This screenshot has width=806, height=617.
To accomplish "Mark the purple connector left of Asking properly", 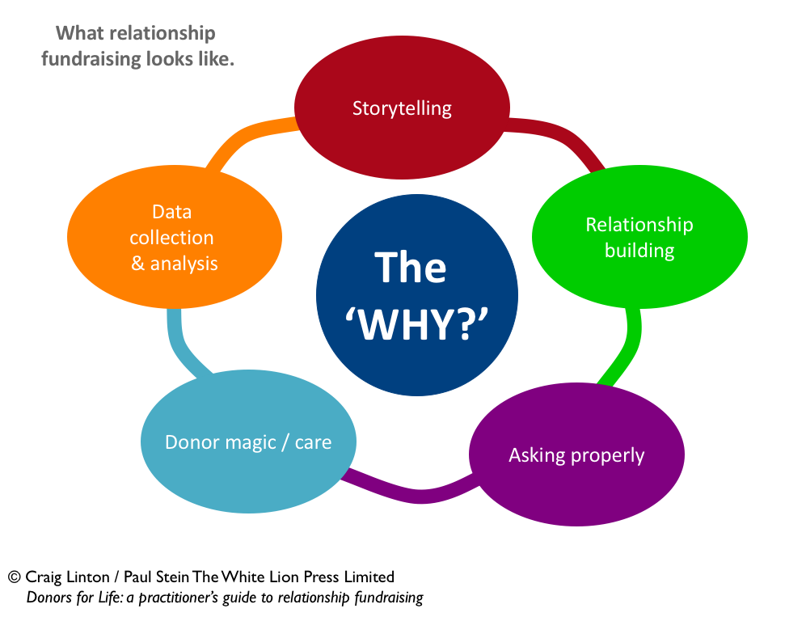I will coord(412,492).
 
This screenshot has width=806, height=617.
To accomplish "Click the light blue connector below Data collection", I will coord(183,340).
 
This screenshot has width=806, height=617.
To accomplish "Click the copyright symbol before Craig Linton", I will coord(14,577).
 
